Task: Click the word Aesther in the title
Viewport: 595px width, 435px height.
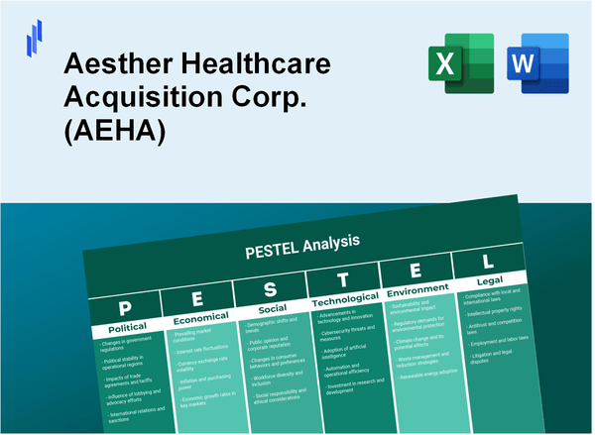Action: click(x=108, y=64)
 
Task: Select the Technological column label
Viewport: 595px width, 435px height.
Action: click(x=345, y=299)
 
